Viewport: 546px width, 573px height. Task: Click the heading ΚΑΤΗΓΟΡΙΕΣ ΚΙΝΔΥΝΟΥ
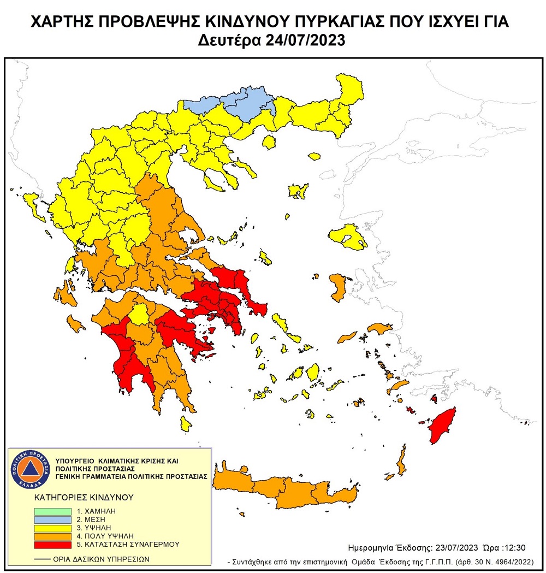point(76,498)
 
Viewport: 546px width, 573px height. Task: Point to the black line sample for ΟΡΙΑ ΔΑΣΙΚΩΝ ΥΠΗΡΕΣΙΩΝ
point(39,558)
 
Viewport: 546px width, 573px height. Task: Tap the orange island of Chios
point(337,287)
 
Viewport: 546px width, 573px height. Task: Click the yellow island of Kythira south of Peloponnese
point(186,422)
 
